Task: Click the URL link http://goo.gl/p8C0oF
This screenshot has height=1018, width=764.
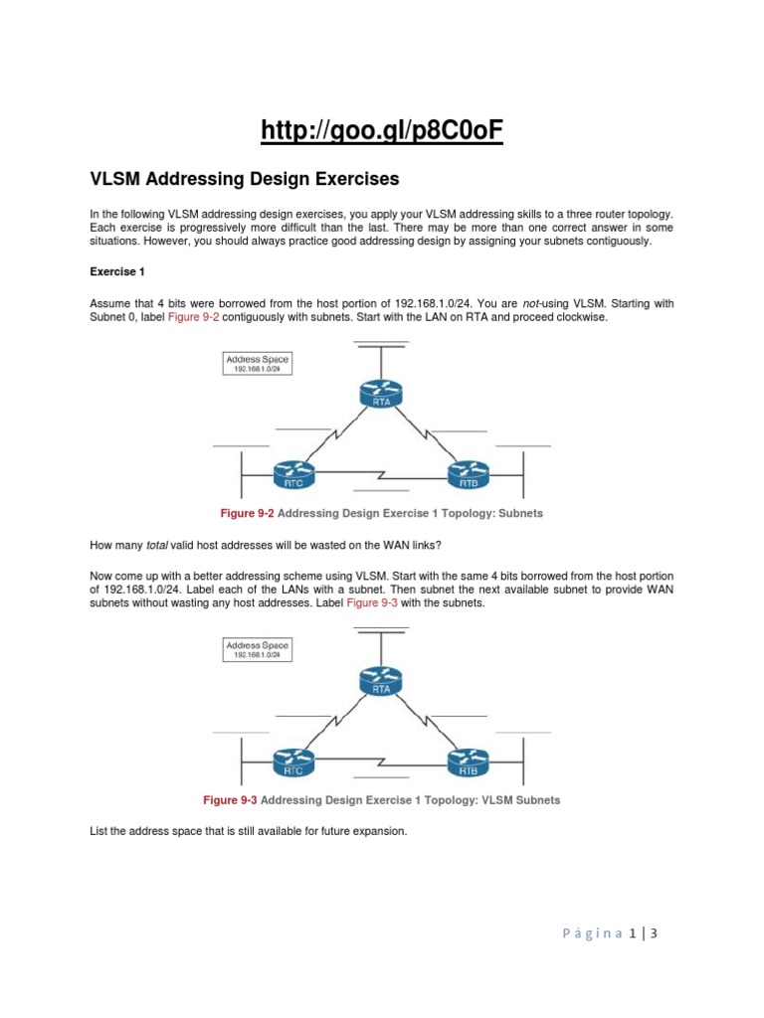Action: (x=382, y=130)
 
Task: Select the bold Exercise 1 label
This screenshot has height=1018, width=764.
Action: (x=118, y=269)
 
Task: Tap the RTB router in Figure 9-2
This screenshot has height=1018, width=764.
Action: (x=468, y=473)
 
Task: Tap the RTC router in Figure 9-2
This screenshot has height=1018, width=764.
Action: (x=292, y=473)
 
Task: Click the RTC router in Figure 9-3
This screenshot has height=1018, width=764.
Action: (x=292, y=762)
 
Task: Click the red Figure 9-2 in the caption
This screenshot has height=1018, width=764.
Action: (x=247, y=514)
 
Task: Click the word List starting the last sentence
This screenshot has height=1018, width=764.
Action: (x=98, y=830)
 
